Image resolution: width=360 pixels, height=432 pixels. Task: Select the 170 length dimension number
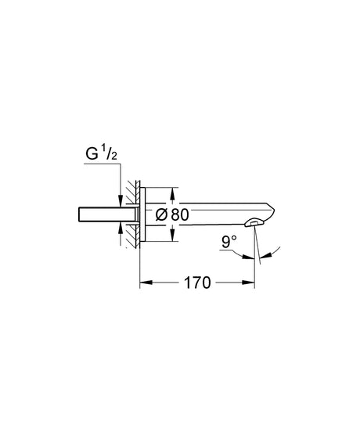(198, 282)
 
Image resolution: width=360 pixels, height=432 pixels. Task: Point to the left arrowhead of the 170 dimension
(143, 282)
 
